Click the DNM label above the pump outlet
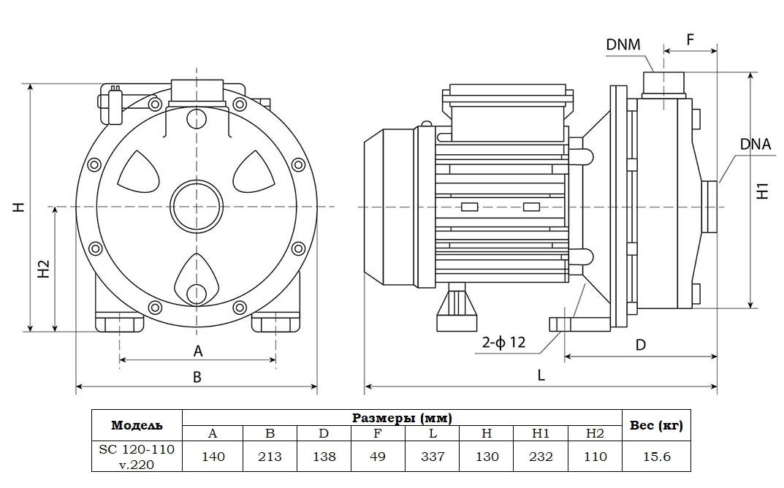click(x=623, y=45)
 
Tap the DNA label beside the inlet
click(x=755, y=144)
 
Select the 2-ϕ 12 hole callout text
click(x=503, y=342)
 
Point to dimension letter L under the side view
click(x=541, y=375)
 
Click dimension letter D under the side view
click(x=640, y=345)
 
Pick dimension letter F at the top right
click(x=690, y=39)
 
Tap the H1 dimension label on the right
click(x=763, y=190)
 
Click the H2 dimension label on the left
click(x=43, y=268)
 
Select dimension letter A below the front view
click(x=197, y=351)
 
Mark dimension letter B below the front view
click(x=197, y=377)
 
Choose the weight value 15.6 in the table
click(x=655, y=457)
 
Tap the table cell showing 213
click(x=270, y=457)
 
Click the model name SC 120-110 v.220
click(x=137, y=457)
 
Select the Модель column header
click(x=137, y=425)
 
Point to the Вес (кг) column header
click(x=655, y=425)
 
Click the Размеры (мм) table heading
click(x=402, y=418)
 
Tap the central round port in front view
click(x=196, y=207)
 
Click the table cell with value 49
click(x=378, y=457)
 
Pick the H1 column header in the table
click(x=541, y=433)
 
